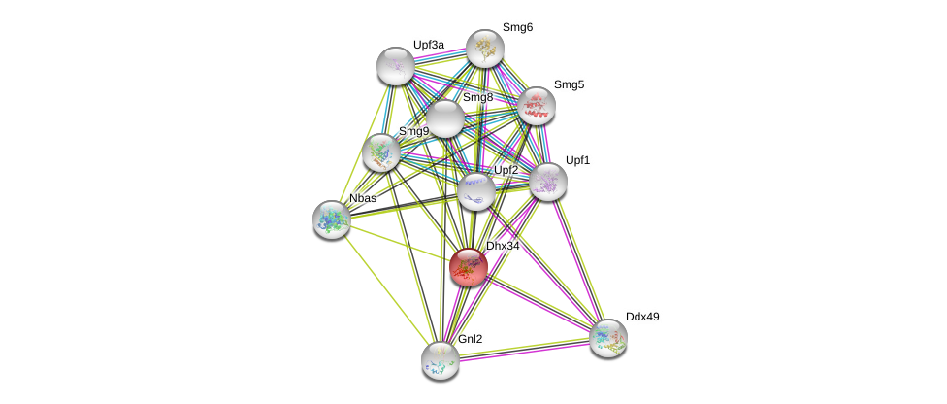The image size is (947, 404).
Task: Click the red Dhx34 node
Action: pos(468,267)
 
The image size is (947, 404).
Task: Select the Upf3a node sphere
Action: pos(396,65)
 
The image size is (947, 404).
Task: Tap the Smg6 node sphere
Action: pos(485,49)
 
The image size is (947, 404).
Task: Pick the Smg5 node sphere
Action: pos(536,106)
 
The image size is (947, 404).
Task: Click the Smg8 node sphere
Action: pos(445,119)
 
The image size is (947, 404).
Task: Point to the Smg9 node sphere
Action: pos(381,152)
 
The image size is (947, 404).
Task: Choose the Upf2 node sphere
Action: pos(475,191)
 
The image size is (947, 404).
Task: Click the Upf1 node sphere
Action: pos(547,181)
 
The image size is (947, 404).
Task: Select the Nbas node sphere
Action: pos(332,219)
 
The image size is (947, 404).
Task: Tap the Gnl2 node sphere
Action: pos(441,359)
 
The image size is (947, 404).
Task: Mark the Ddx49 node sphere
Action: pos(608,338)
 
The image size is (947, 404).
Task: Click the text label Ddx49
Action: pos(642,317)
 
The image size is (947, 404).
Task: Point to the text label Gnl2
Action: pos(471,339)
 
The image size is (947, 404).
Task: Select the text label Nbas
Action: pos(363,198)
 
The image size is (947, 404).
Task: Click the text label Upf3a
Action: pos(428,45)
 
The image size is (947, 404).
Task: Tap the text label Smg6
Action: pos(517,27)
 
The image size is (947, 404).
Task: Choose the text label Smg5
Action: pos(569,84)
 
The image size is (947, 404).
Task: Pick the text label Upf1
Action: pos(577,160)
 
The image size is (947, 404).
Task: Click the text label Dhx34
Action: pos(503,246)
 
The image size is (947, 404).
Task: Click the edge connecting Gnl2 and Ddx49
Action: pos(524,349)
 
